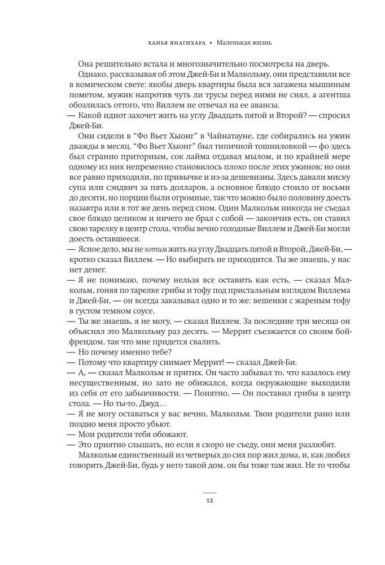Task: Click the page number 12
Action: tap(209, 500)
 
